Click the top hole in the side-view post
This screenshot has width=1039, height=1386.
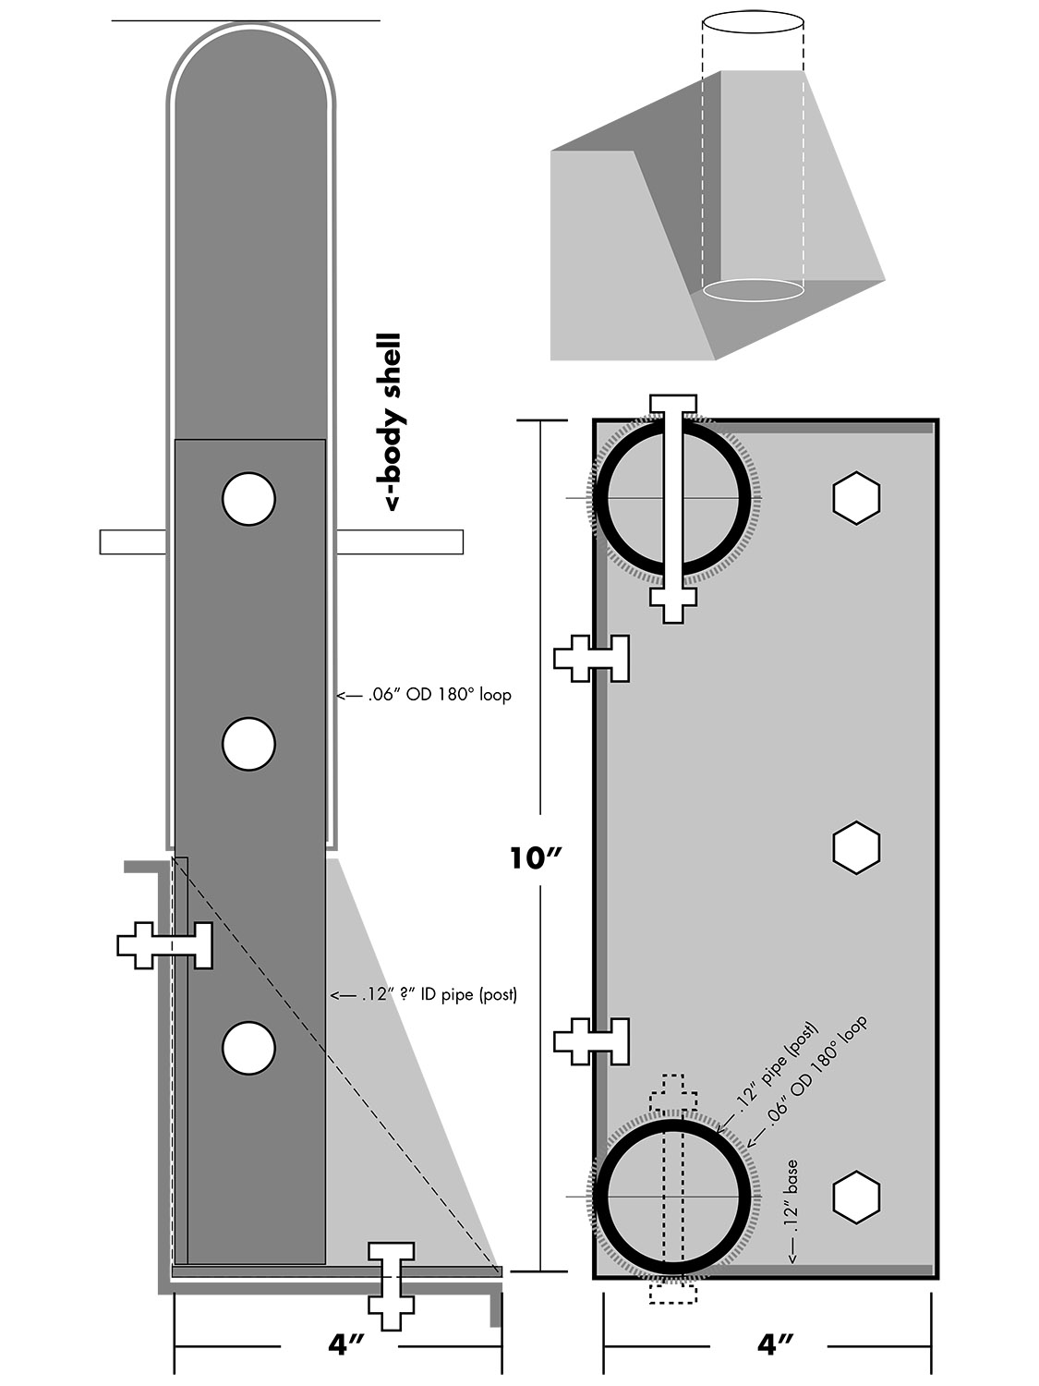tap(248, 499)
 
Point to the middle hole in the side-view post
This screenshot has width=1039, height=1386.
tap(248, 743)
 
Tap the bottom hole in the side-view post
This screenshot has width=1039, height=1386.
tap(248, 1048)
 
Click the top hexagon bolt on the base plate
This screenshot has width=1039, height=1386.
tap(856, 499)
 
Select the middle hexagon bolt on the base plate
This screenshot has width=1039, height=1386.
tap(856, 846)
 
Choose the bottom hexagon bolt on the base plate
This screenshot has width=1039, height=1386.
tap(856, 1197)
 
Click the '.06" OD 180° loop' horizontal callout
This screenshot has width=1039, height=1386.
tap(424, 695)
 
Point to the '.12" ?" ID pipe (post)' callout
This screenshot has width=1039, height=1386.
tap(425, 995)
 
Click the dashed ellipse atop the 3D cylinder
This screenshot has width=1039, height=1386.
tap(752, 23)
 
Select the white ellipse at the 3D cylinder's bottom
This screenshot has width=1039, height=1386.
tap(752, 289)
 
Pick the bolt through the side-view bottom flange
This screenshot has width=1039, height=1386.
tap(392, 1284)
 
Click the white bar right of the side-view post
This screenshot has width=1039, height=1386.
tap(399, 542)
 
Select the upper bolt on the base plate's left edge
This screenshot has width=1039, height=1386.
tap(592, 658)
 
